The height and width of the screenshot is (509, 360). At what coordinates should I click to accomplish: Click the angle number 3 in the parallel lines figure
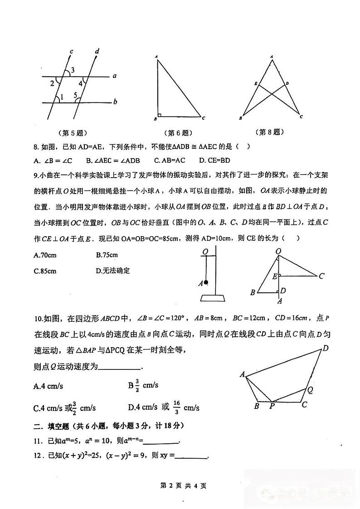coord(73,69)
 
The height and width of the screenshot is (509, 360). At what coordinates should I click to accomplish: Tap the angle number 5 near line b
coord(76,95)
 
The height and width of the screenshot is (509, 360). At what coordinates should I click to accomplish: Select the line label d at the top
coord(97,51)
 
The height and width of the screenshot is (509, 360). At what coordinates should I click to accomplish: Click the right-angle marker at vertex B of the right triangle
coord(160,115)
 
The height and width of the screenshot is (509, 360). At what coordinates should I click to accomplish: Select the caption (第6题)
coord(178,133)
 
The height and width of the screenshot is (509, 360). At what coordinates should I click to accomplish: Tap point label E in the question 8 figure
coord(256,84)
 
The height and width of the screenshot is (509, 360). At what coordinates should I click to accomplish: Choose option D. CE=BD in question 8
coord(215,160)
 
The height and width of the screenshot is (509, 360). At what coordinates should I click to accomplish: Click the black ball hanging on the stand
coord(206,283)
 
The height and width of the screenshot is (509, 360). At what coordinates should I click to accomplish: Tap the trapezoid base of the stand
coord(212,298)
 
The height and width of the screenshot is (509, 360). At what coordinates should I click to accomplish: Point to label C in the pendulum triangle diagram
coord(321,276)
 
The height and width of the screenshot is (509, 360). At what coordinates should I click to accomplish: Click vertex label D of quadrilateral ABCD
coord(325,349)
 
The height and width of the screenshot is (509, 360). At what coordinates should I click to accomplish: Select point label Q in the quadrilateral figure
coord(310,389)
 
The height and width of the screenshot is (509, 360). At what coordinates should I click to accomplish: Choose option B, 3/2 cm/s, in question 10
coord(143,386)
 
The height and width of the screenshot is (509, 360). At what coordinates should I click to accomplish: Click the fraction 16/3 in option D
coord(177,407)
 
